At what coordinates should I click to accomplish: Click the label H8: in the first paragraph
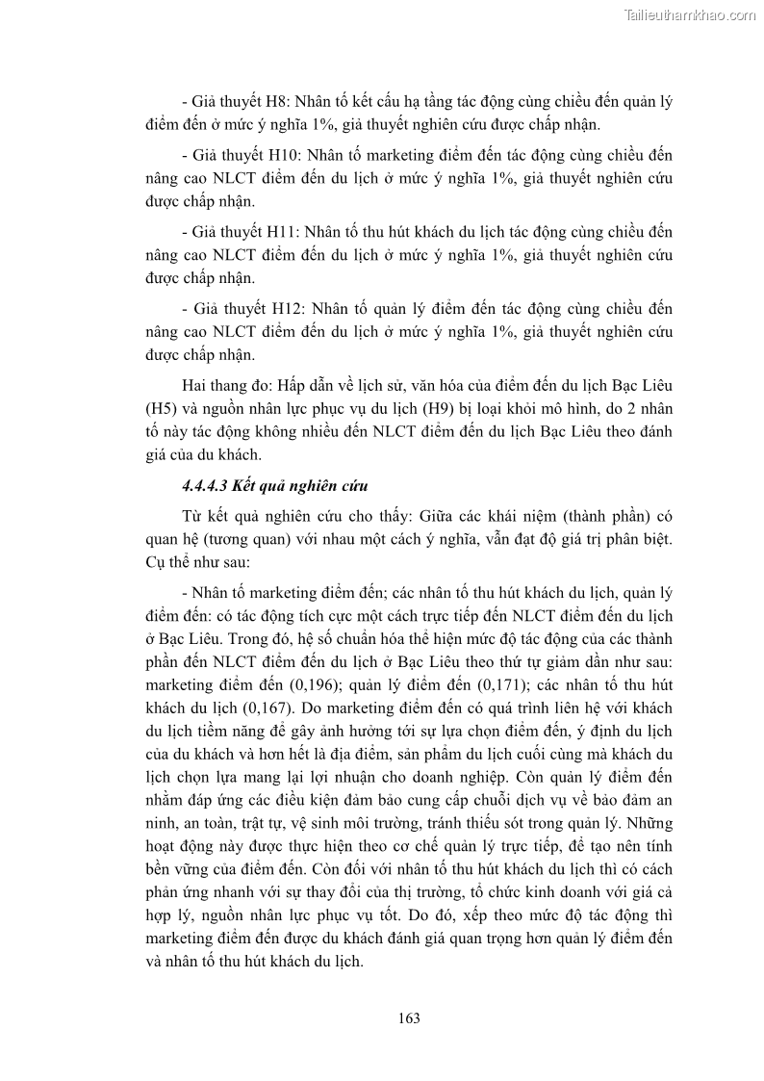[x=276, y=100]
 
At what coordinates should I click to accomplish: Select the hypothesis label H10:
[x=280, y=153]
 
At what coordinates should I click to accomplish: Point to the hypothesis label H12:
[x=280, y=309]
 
